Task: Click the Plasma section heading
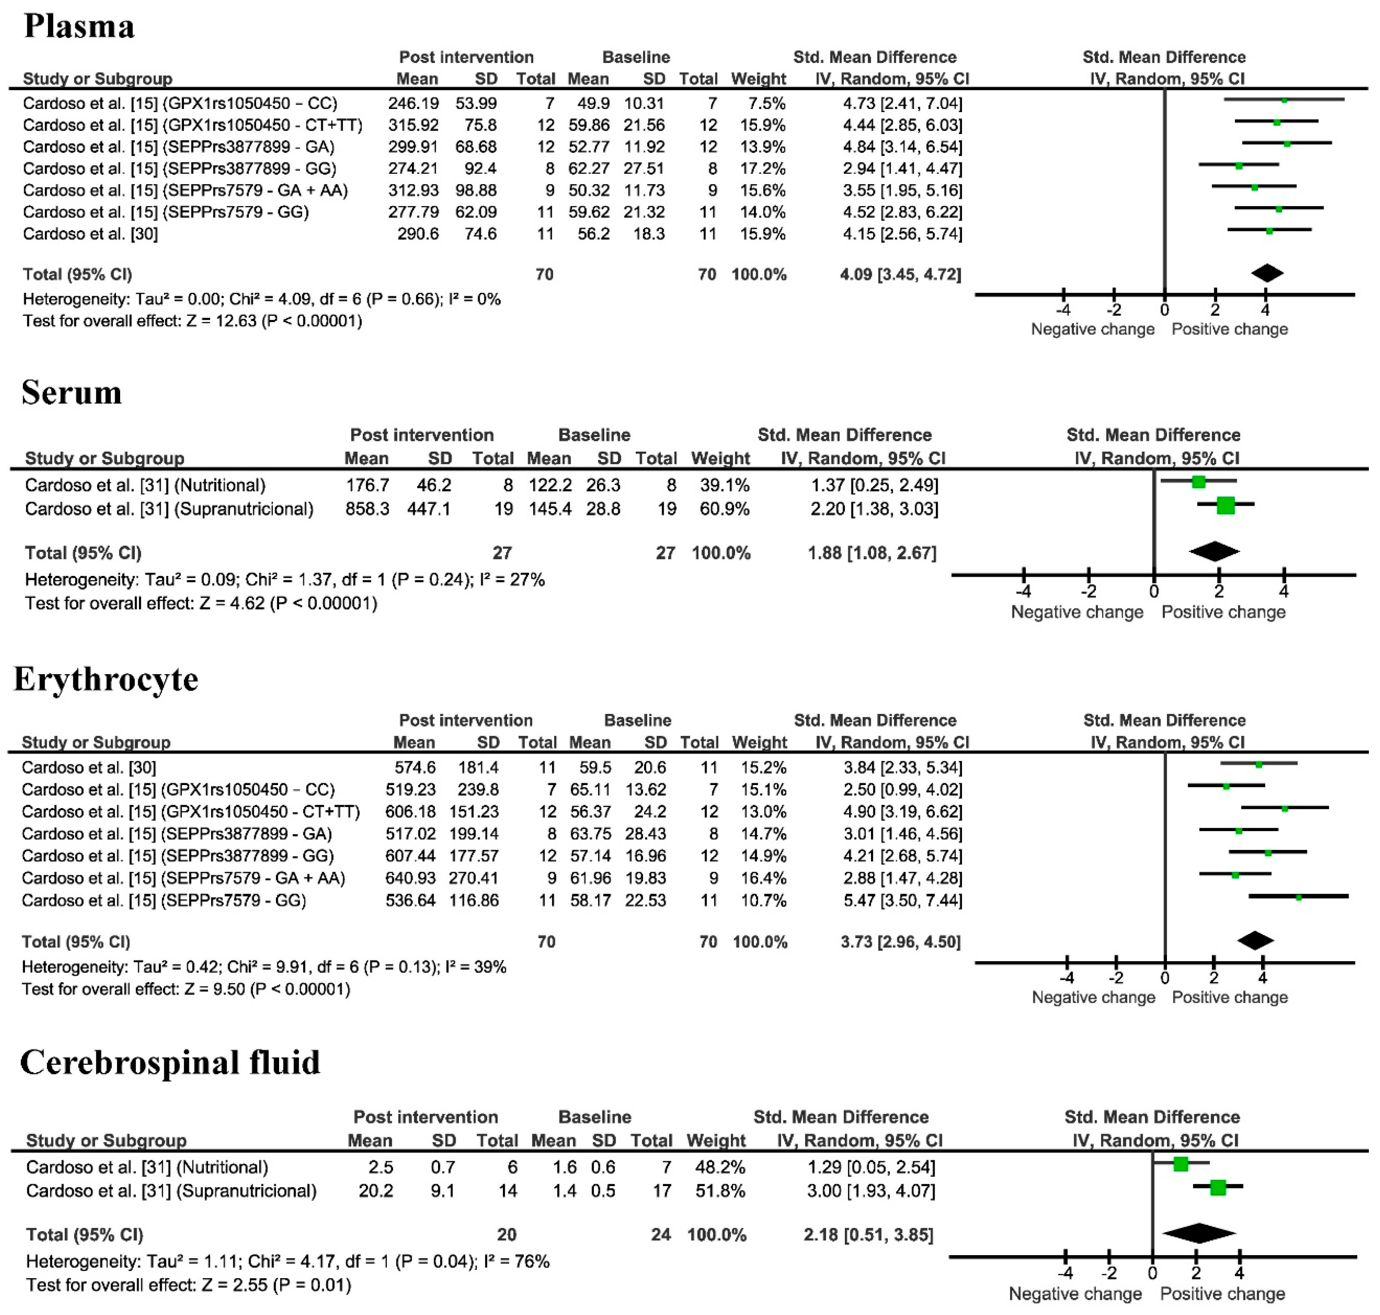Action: click(x=79, y=26)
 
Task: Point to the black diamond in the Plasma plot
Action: click(x=1267, y=273)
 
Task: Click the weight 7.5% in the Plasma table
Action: click(x=766, y=104)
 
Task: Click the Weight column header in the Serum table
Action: click(x=720, y=459)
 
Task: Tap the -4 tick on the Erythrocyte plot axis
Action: click(x=1066, y=977)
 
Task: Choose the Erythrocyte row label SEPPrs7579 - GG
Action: click(x=164, y=901)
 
